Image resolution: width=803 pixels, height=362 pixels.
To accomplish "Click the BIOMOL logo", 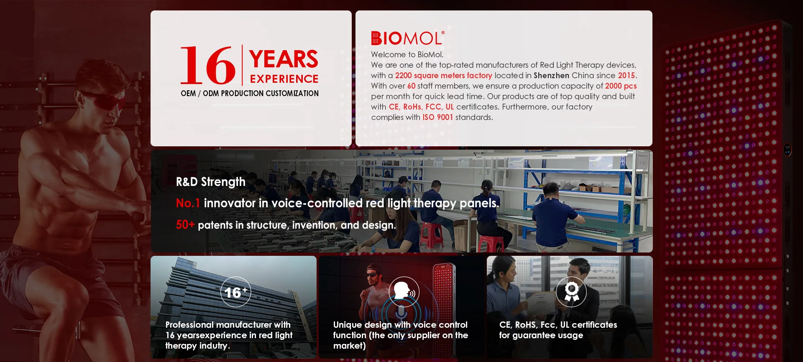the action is (408, 38).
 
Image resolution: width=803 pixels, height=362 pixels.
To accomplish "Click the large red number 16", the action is (208, 65).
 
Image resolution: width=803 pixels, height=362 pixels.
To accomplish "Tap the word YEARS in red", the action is (284, 59).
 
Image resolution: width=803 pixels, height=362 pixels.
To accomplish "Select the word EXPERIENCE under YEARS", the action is (284, 79).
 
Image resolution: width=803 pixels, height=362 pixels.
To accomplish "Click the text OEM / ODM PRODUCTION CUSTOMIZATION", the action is (250, 93).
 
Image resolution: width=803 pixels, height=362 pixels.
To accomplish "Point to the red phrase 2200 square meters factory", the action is (444, 76).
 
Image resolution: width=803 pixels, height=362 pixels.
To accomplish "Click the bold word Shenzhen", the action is (551, 76).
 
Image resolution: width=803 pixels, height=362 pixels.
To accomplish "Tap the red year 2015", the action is (627, 76).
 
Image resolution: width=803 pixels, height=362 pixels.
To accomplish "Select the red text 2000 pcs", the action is (621, 86).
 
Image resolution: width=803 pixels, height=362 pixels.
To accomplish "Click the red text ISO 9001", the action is (438, 117).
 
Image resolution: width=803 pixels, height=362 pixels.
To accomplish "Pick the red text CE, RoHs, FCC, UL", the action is (421, 107).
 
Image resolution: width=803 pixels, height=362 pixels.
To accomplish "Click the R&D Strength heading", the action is (211, 182).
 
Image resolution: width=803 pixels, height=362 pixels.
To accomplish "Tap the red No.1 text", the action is (188, 203).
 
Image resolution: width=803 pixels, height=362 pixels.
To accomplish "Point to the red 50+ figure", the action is (185, 225).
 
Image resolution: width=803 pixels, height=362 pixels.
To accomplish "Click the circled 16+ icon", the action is (235, 292).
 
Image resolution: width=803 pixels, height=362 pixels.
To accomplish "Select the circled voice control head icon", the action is (404, 292).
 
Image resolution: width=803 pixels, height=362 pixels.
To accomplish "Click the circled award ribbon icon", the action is (571, 292).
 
